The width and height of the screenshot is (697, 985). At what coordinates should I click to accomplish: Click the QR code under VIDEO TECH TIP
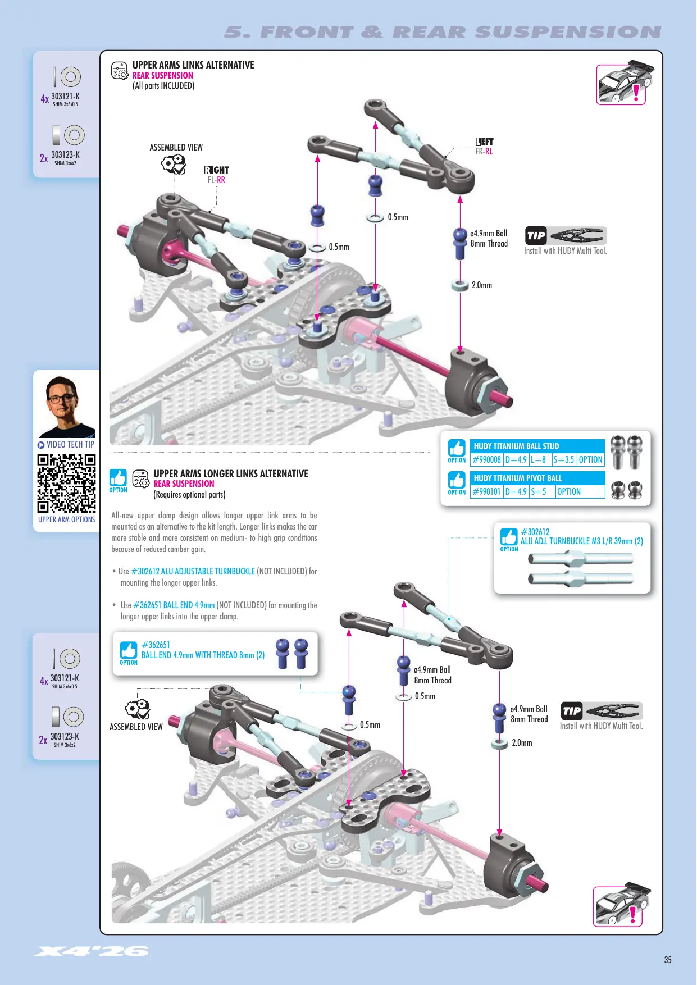66,483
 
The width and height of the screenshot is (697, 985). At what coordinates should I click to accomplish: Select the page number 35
668,960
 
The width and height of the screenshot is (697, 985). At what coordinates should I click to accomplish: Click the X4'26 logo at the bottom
92,951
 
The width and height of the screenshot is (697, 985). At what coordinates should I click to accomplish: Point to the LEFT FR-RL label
484,147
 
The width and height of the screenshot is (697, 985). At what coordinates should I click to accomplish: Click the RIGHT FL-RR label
217,175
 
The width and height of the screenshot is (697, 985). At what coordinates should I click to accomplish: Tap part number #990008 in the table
487,459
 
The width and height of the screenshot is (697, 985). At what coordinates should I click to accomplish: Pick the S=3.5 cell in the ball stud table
564,459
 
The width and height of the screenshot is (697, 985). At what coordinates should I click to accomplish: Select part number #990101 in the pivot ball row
487,491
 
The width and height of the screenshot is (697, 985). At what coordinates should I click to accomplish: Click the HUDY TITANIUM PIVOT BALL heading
518,478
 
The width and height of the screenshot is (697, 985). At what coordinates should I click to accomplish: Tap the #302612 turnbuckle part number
535,532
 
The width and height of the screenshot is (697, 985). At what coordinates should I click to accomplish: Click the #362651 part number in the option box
156,645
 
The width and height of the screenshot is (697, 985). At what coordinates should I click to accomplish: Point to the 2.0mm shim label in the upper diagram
482,285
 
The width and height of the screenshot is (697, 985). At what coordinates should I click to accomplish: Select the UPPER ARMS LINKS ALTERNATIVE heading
193,65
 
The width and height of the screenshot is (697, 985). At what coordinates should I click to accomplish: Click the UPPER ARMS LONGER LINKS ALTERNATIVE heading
231,474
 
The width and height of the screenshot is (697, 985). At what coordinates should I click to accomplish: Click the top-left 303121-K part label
65,96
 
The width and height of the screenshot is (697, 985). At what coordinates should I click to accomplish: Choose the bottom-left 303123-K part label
65,736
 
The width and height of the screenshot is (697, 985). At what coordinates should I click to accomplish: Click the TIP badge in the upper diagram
536,236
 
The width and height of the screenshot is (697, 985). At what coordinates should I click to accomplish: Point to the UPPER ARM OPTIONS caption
67,519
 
